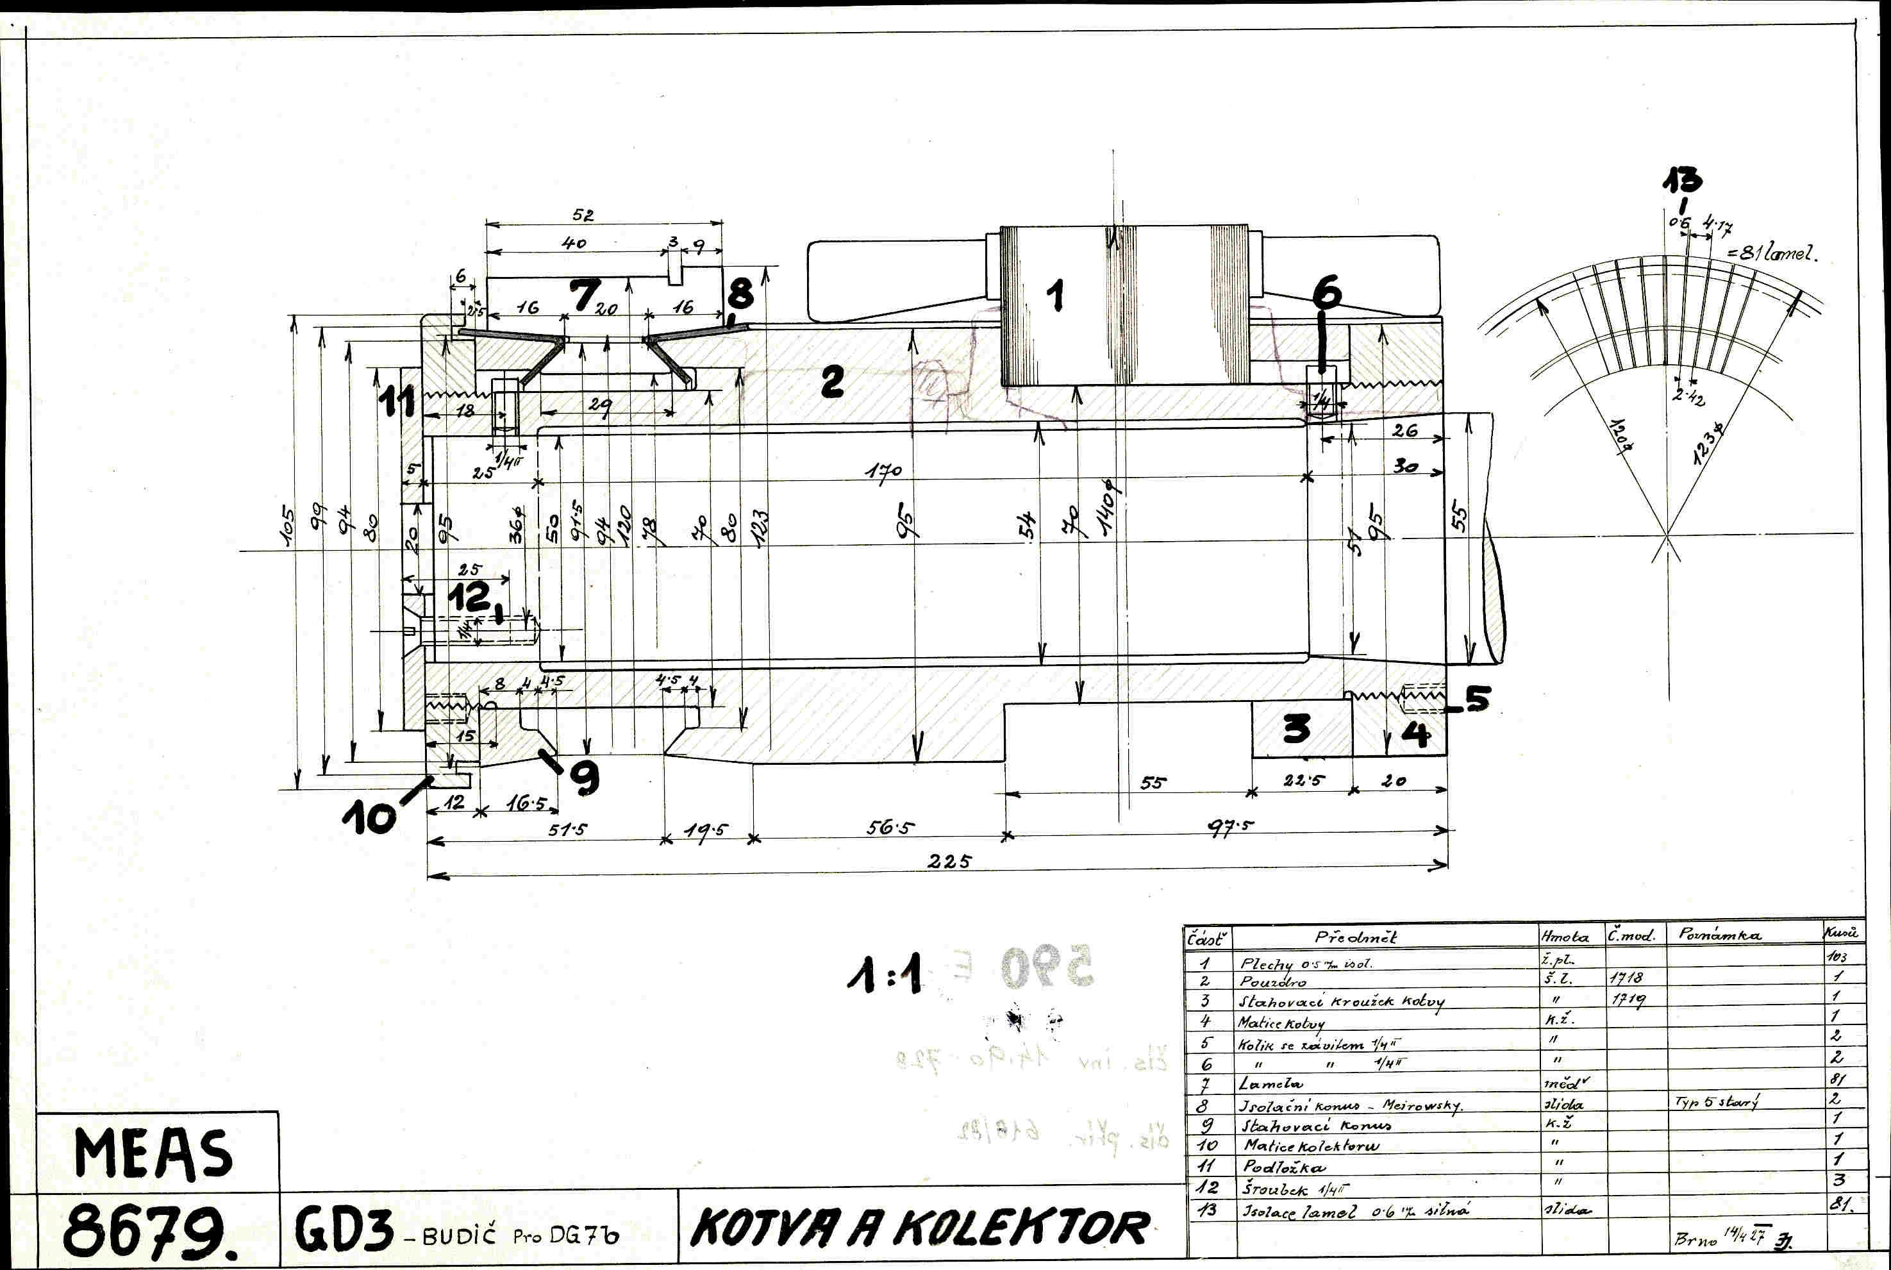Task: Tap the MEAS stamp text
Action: click(x=153, y=1153)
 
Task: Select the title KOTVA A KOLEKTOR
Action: click(x=920, y=1229)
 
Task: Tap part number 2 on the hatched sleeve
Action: click(x=831, y=381)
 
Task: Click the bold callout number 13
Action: click(x=1682, y=180)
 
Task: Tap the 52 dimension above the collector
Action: click(x=583, y=215)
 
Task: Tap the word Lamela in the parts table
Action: click(x=1270, y=1083)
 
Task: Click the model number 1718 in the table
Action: click(x=1626, y=978)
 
